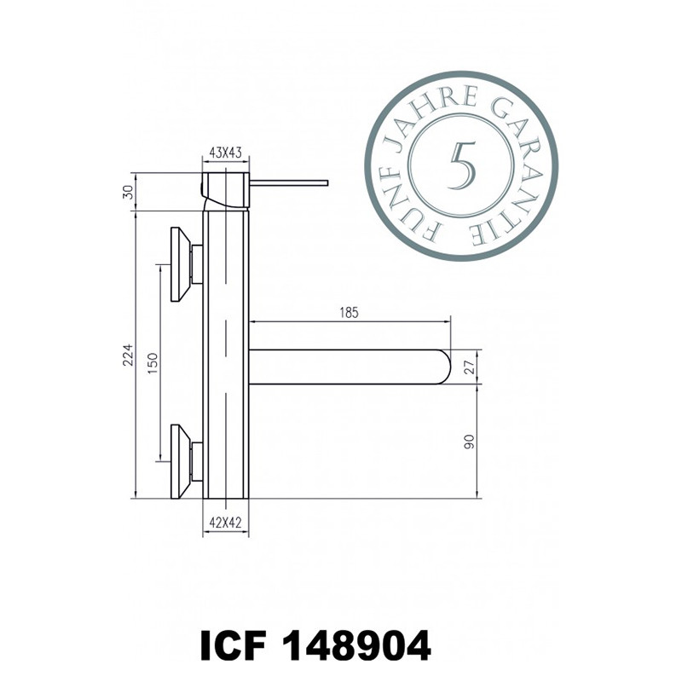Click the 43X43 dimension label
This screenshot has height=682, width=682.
225,153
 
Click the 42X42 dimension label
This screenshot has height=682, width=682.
225,523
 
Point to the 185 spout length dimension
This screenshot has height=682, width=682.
349,313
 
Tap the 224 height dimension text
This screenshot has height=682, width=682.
128,355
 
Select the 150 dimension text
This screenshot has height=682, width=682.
153,364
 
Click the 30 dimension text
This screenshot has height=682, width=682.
128,192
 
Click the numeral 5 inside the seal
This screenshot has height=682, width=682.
462,165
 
